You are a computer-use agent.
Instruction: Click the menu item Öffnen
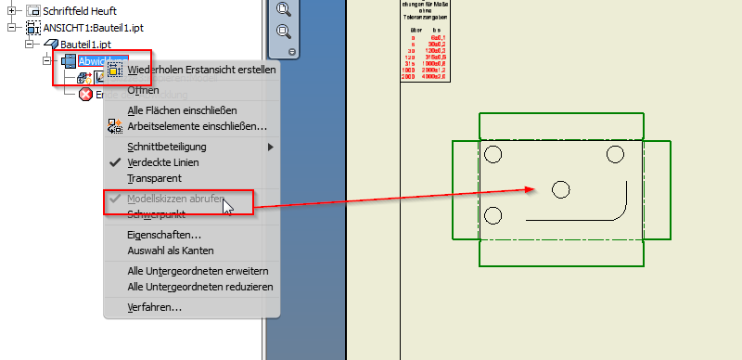(143, 90)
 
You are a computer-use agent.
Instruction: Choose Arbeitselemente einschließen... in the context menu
(197, 126)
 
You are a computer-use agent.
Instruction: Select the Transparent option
(154, 178)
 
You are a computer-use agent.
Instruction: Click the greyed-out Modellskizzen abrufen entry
(173, 199)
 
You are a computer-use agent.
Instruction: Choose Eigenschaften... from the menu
(164, 235)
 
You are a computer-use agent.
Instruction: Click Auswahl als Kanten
(171, 251)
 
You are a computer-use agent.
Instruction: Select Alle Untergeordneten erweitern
(198, 271)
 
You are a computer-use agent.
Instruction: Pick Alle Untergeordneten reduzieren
(200, 287)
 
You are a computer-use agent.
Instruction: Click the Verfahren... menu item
(154, 307)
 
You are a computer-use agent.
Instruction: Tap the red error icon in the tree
(85, 94)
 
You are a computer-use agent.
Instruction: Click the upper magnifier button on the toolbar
(284, 10)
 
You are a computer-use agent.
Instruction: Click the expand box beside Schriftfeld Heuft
(12, 10)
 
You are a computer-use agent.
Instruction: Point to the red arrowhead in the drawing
(531, 189)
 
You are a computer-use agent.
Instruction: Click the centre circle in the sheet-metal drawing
(560, 189)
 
